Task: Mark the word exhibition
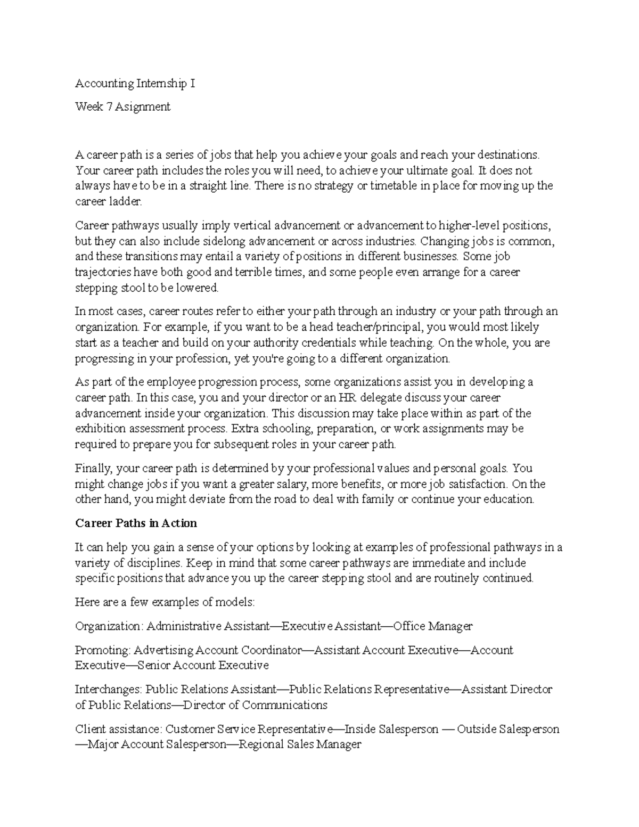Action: point(100,429)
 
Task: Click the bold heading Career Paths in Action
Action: point(136,523)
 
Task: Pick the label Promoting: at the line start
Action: point(102,650)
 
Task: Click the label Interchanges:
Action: point(109,690)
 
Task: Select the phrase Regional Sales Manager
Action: point(300,744)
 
